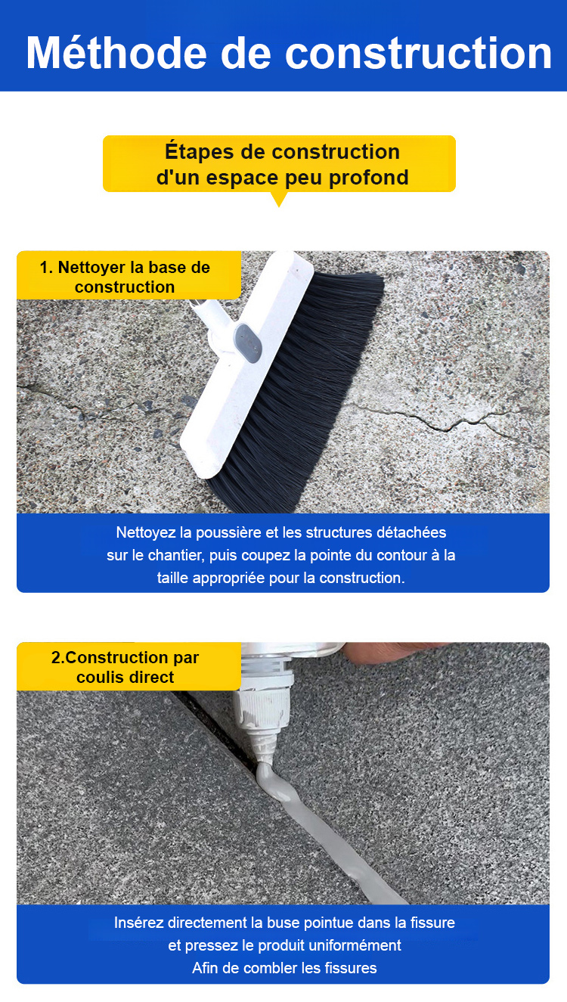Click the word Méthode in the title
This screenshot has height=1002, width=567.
click(116, 52)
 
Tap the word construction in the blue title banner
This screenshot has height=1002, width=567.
click(419, 53)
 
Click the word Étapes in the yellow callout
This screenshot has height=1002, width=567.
click(200, 151)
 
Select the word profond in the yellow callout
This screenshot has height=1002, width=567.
click(369, 178)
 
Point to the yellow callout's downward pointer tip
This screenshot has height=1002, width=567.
click(279, 206)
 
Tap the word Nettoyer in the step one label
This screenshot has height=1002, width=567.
click(91, 268)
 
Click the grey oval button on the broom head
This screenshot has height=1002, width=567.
click(248, 343)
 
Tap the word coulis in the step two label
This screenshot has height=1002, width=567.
click(98, 678)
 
